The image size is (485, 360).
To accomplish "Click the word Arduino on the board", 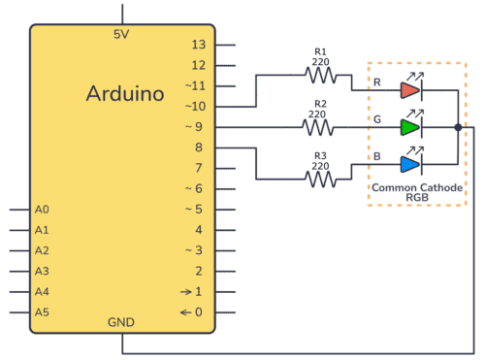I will (x=123, y=94).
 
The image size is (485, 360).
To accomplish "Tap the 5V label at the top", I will (x=122, y=34).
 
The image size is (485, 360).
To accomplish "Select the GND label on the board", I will (x=122, y=322).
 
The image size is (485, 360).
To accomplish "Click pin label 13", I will (x=199, y=45).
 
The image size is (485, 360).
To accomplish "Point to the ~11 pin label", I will (x=197, y=85).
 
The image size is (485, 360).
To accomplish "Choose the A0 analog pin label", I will (x=41, y=210).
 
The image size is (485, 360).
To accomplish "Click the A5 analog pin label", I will (x=41, y=312).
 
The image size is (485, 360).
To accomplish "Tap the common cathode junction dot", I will (x=457, y=127).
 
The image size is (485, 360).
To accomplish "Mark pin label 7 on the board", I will (x=200, y=168).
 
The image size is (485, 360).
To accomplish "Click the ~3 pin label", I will (x=197, y=250).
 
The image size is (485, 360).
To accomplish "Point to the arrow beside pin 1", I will (x=185, y=292).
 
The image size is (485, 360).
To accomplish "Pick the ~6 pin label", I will (x=197, y=188).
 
